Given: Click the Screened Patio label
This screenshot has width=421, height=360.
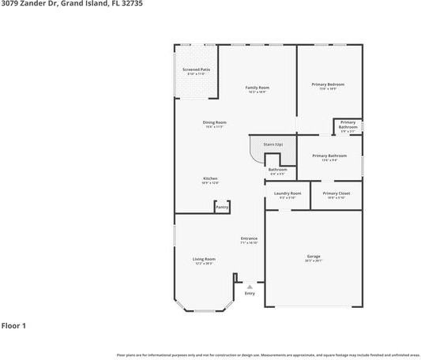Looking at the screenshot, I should click(x=196, y=69).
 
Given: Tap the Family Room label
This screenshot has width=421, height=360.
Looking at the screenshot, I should click(x=257, y=87).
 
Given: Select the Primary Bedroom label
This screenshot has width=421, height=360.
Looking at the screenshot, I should click(x=328, y=84).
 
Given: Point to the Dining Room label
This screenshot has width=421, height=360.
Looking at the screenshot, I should click(x=215, y=122).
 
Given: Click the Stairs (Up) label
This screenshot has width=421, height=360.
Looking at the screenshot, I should click(x=273, y=144).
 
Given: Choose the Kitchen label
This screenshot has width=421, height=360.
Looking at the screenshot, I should click(x=210, y=178).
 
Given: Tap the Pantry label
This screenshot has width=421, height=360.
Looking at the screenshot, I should click(x=222, y=207).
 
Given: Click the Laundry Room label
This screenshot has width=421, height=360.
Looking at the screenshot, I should click(x=288, y=193).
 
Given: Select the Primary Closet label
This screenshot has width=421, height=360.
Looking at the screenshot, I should click(x=336, y=193).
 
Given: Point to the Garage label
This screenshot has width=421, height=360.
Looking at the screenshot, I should click(x=314, y=256).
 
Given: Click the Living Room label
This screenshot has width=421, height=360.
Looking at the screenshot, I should click(x=204, y=259).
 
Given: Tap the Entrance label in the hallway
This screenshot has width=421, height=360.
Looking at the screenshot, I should click(x=250, y=238).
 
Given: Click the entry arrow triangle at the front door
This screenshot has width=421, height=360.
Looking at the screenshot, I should click(x=250, y=287).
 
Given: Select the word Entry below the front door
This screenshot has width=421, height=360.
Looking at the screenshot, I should click(x=250, y=294).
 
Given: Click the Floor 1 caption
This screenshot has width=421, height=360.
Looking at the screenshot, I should click(x=13, y=325).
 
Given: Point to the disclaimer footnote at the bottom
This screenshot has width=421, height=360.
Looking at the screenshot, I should click(x=268, y=355).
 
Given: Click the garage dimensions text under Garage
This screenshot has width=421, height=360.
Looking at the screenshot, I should click(x=314, y=261).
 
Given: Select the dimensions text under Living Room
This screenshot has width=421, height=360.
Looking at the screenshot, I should click(x=204, y=264).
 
